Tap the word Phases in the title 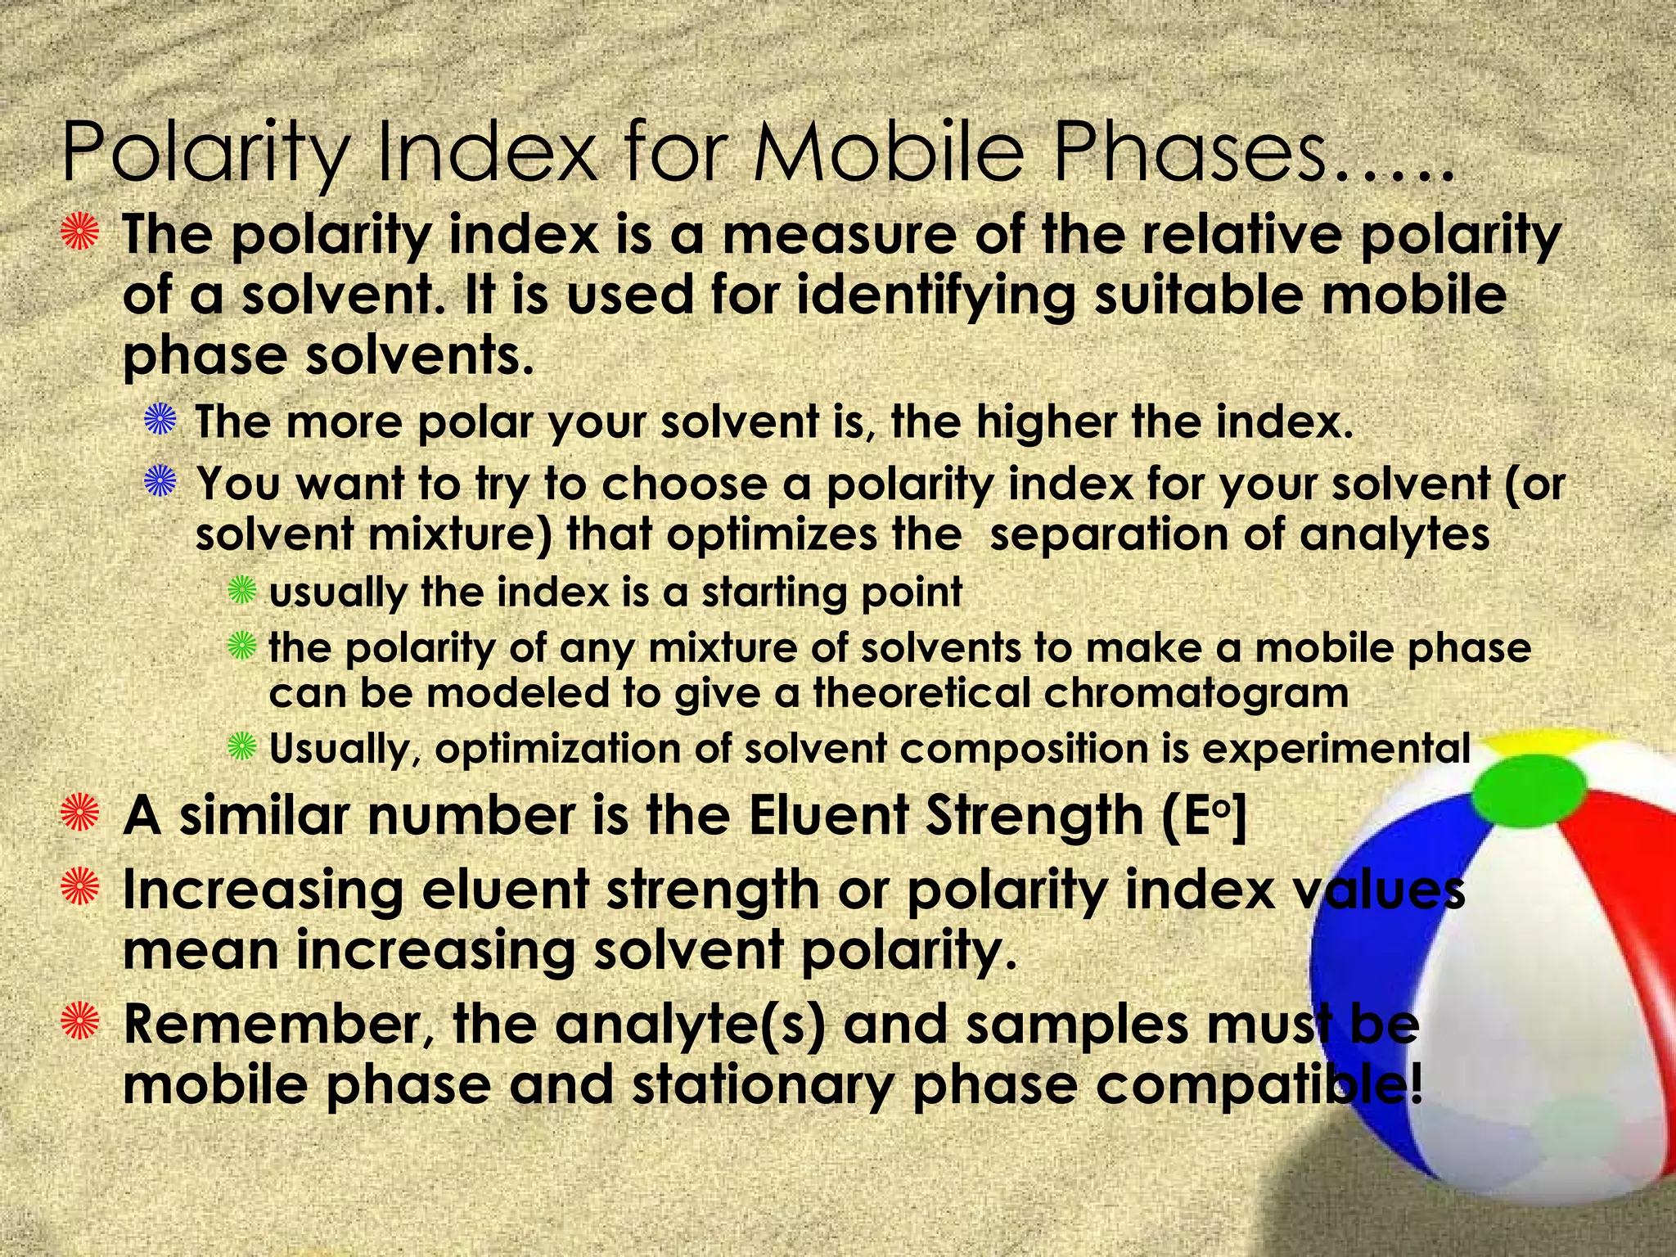click(1188, 153)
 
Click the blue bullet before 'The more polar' click(160, 422)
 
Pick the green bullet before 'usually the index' click(242, 591)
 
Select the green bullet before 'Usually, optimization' click(242, 747)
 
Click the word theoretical click(921, 694)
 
